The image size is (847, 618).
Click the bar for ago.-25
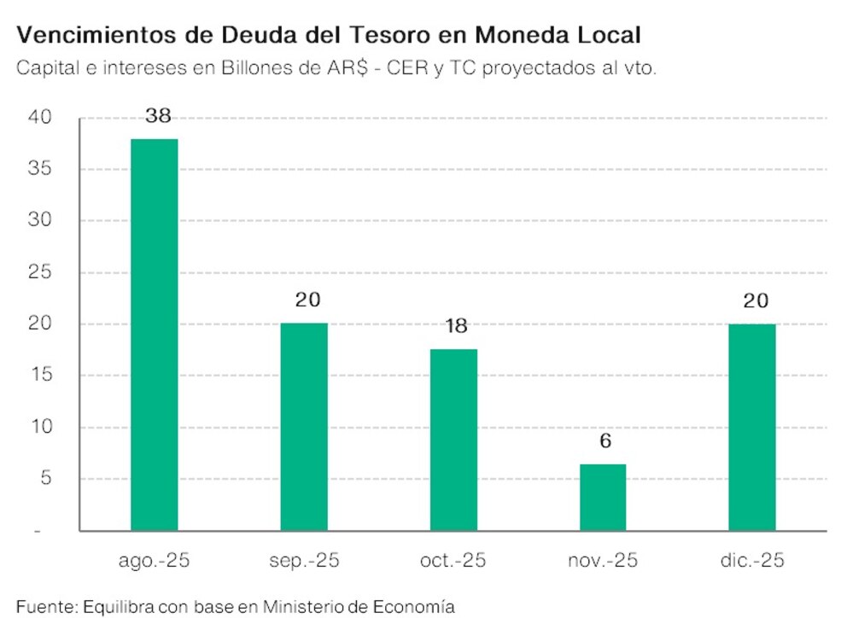[x=154, y=335]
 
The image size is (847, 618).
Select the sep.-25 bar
[x=303, y=427]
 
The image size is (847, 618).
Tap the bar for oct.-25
[x=453, y=440]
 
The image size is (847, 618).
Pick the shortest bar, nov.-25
[x=602, y=498]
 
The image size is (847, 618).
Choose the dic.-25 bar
[x=751, y=427]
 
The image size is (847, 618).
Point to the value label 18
[x=456, y=327]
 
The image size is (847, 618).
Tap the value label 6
[x=605, y=442]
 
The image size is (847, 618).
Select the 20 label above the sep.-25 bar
[x=306, y=300]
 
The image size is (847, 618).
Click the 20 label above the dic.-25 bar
[x=755, y=300]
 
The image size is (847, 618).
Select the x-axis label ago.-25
[x=154, y=562]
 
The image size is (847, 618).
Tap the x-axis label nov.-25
[x=602, y=562]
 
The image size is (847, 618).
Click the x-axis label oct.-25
[x=453, y=562]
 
